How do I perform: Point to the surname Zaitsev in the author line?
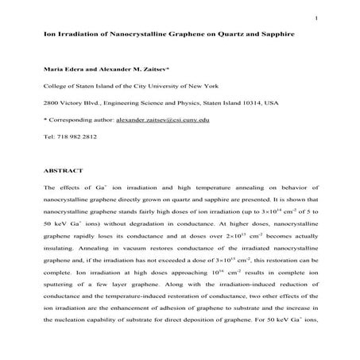[138, 72]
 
